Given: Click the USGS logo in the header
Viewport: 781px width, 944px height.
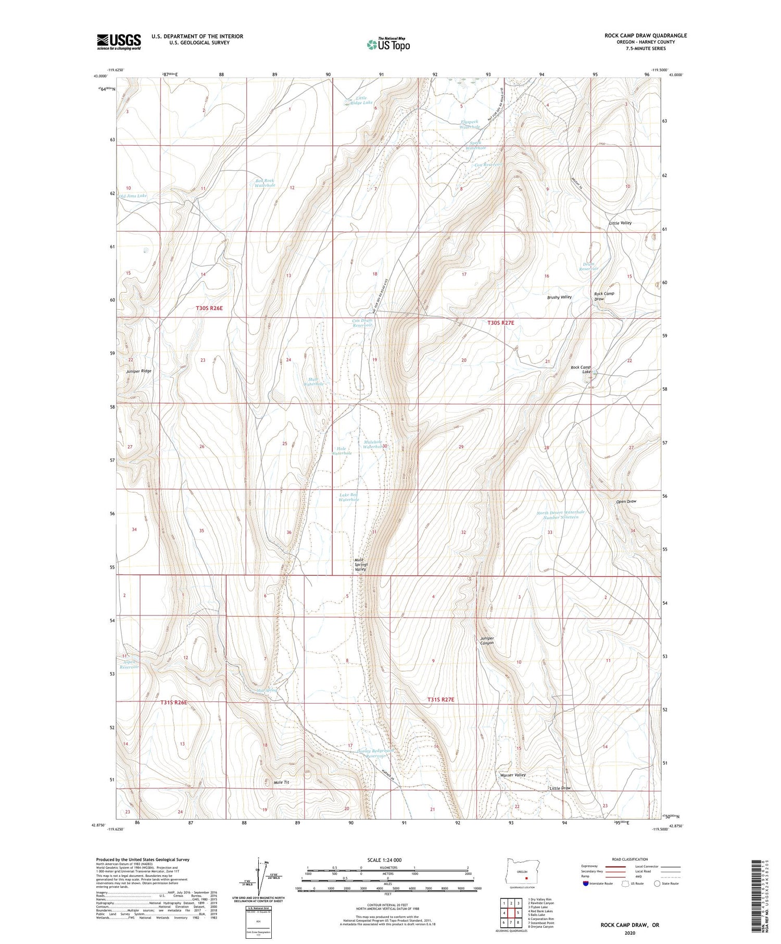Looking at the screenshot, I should (x=119, y=42).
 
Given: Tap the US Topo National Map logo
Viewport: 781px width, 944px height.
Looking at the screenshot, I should (x=388, y=44).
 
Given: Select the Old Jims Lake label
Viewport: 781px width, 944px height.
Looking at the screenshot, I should (x=133, y=196).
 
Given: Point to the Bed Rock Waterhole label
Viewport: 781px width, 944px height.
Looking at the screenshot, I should (x=264, y=183).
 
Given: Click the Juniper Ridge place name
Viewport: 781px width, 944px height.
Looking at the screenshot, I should (x=138, y=371).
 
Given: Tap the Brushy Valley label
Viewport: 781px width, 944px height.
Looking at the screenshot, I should (x=559, y=297).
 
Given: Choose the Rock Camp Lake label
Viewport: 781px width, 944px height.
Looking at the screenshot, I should (x=581, y=370).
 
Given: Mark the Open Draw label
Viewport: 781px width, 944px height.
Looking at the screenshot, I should (x=626, y=501).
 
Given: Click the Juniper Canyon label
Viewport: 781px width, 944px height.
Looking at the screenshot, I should (x=484, y=640).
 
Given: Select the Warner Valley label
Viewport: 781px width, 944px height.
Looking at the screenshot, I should (x=513, y=775).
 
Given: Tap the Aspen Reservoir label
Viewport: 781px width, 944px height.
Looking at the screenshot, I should (x=130, y=664).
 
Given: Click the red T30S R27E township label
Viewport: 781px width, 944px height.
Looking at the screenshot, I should (x=500, y=323).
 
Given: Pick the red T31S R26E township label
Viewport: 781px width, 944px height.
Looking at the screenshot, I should (x=173, y=702).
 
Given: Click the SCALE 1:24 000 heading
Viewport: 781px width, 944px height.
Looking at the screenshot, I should (x=384, y=860).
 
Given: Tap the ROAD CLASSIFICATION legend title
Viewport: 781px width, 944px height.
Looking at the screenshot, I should (x=630, y=859).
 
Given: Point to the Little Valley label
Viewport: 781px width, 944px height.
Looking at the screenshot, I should (x=620, y=223).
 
